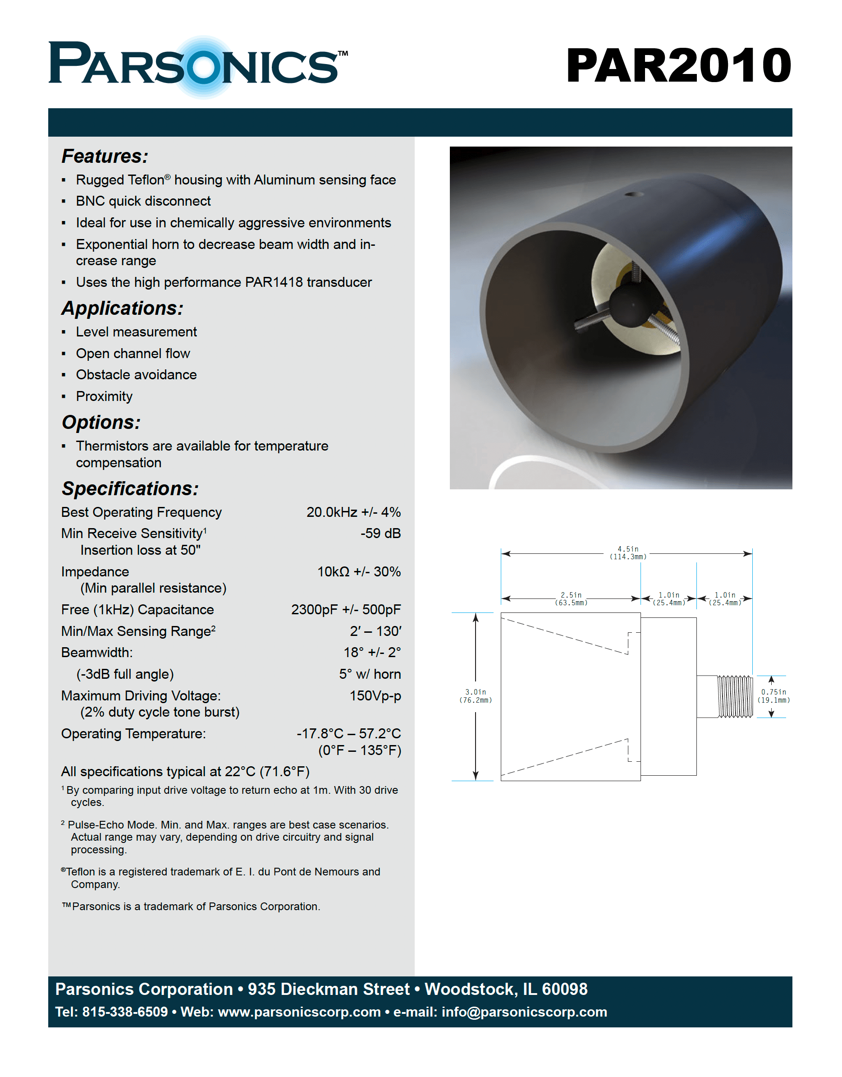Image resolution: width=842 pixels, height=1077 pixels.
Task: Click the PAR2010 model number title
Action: click(x=678, y=65)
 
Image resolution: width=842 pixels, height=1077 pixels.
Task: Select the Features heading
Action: click(x=105, y=156)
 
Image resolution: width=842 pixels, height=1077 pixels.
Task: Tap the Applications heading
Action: click(x=122, y=308)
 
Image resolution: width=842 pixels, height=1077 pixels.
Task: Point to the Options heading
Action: click(x=101, y=423)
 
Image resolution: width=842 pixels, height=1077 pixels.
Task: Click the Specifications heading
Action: click(x=130, y=489)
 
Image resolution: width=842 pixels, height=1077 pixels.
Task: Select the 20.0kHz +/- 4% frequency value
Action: click(x=353, y=512)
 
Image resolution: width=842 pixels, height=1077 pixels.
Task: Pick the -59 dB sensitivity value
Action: click(x=380, y=534)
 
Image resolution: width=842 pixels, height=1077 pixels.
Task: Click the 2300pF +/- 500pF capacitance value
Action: click(x=346, y=610)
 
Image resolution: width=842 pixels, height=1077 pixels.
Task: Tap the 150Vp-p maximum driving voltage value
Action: click(x=375, y=696)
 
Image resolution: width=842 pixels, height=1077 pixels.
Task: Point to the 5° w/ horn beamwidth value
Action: click(x=370, y=674)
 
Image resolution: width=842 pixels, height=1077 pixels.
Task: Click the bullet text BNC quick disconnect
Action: click(x=143, y=201)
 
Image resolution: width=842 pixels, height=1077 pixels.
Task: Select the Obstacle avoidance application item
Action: click(x=136, y=375)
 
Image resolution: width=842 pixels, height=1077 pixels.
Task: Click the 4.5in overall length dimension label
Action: click(x=627, y=553)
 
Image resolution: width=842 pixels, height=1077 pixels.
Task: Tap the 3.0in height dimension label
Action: click(x=475, y=696)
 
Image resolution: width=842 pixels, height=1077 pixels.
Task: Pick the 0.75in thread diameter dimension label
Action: click(x=773, y=696)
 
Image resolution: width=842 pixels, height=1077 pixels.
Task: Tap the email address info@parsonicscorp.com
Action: click(x=524, y=1012)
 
